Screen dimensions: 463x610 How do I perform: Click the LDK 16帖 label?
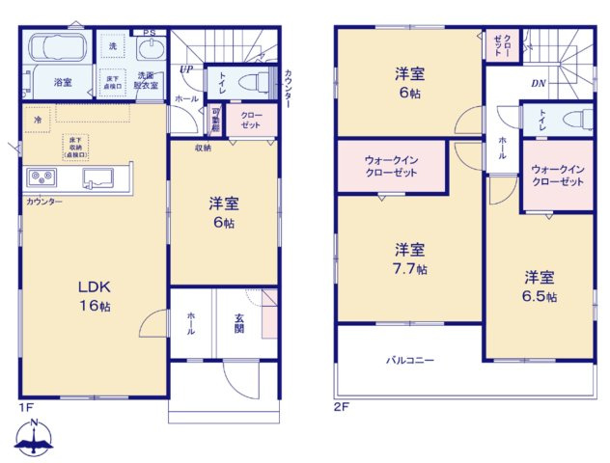coord(94,296)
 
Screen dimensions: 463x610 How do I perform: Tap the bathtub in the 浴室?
coord(58,49)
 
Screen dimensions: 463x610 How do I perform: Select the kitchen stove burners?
coord(42,177)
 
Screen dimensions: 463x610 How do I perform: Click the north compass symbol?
coord(35,439)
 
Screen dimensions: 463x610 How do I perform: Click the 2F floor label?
coord(341,407)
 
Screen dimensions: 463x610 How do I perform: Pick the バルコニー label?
coord(408,361)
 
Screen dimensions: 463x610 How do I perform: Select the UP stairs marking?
coord(185,69)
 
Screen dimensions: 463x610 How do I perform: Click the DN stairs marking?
coord(538,83)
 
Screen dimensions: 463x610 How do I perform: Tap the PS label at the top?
coord(148,33)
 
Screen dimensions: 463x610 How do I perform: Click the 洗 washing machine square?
coord(113,46)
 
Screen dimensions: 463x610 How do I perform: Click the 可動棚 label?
coord(216,121)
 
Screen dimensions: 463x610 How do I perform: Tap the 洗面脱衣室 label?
coord(147,80)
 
